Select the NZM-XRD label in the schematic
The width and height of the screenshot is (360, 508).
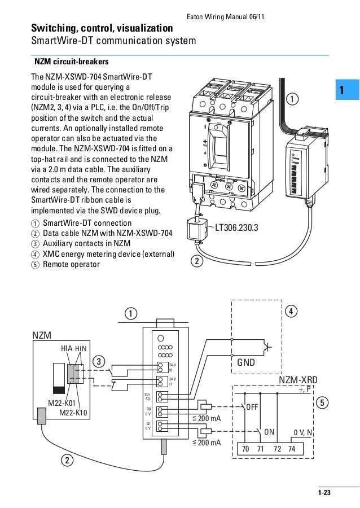(x=298, y=381)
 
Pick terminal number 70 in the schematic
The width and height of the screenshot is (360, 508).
(x=245, y=448)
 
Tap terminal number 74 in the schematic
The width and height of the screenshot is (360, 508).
(x=291, y=448)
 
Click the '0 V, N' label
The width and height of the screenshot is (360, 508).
(x=304, y=432)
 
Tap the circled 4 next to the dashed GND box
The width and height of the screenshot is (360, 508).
(x=291, y=311)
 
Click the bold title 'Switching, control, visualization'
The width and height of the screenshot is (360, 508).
(x=102, y=28)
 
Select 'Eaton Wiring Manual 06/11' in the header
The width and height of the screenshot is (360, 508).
(x=225, y=16)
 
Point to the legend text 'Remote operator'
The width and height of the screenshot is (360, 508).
(x=71, y=264)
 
